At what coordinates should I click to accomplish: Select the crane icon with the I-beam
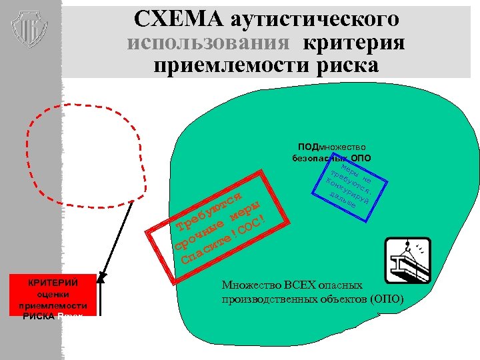[x=408, y=261]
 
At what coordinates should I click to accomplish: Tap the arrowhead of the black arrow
[x=101, y=273]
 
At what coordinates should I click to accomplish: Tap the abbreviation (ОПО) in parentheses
[x=387, y=299]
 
